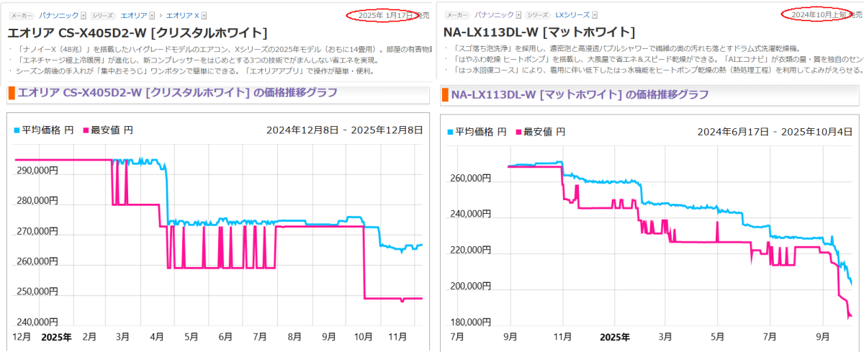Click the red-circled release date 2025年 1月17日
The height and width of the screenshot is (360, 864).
387,14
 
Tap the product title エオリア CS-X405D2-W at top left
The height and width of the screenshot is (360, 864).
137,33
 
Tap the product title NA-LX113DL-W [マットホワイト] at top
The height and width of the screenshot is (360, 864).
540,32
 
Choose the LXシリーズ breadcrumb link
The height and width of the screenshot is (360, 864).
572,15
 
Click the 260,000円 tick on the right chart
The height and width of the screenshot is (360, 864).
470,179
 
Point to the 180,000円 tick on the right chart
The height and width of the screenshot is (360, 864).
470,322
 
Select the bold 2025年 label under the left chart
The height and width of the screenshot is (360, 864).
55,337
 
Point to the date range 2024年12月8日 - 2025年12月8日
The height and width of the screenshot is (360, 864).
344,130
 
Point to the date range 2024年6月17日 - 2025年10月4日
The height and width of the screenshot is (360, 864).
775,132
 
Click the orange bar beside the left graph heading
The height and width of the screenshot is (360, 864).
11,93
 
